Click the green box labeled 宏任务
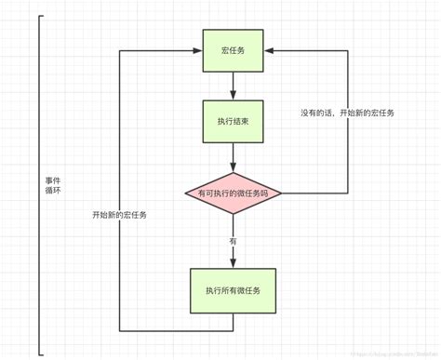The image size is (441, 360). tap(234, 49)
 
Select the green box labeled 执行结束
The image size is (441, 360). tap(234, 121)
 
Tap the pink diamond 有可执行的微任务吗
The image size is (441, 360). tap(234, 193)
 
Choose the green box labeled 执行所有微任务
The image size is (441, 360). tap(234, 291)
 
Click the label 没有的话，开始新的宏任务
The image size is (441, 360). tap(347, 113)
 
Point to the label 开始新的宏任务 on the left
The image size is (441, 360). tap(119, 215)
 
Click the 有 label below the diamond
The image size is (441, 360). tap(233, 241)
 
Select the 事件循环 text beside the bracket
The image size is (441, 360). tap(54, 184)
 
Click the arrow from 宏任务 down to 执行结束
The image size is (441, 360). tap(234, 86)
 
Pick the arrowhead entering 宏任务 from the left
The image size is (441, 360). tap(197, 49)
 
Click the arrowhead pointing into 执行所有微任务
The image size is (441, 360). tap(234, 264)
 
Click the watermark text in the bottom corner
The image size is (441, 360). tap(386, 353)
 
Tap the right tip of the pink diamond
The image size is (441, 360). tap(281, 193)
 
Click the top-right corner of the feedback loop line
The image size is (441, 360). tap(347, 49)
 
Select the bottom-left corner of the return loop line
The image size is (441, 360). tap(120, 330)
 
